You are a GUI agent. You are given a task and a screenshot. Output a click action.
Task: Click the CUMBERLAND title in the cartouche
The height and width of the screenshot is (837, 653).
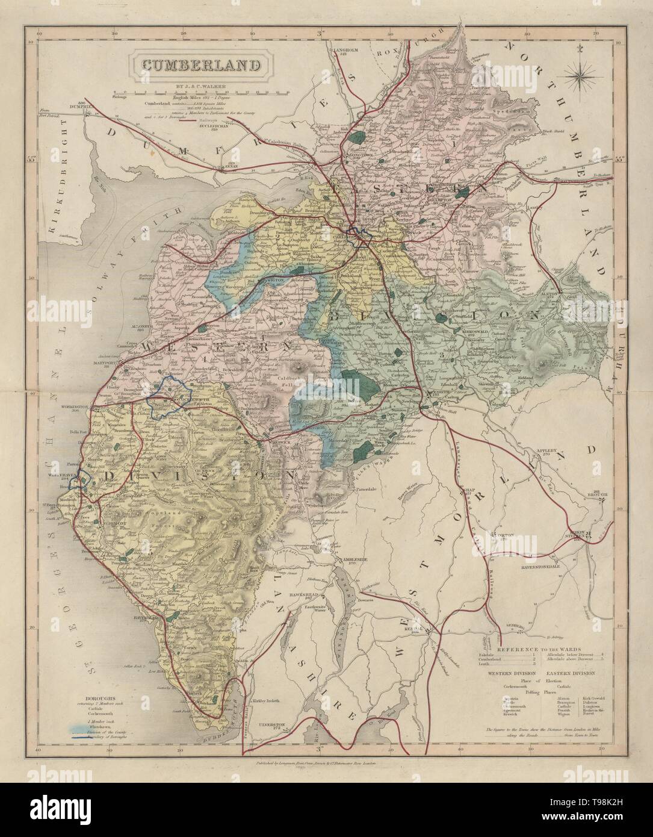click(193, 64)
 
